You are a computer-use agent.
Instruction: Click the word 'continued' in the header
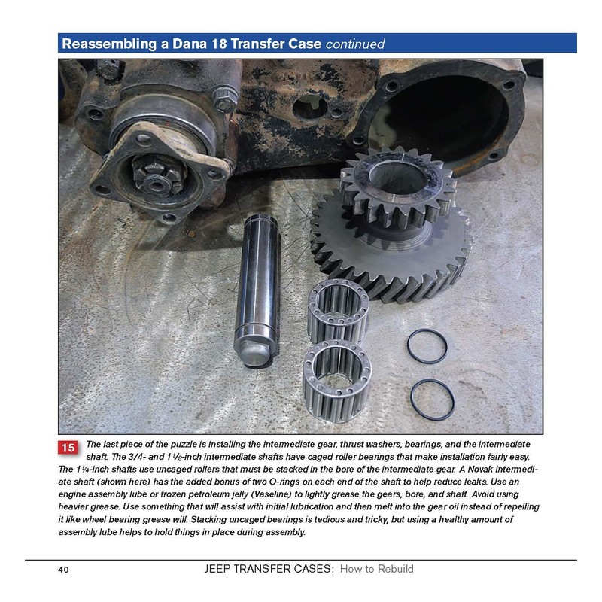(355, 44)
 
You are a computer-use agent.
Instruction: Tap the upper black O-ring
(427, 345)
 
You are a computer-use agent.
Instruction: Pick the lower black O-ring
(432, 400)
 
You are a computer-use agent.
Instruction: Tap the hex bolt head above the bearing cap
(223, 97)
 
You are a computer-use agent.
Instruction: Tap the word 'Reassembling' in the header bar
(107, 44)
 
